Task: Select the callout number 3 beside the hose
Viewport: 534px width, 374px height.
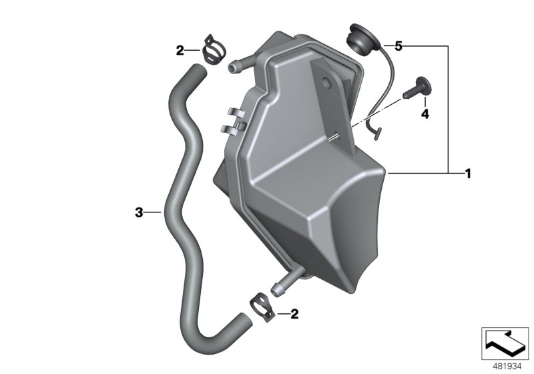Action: coord(138,212)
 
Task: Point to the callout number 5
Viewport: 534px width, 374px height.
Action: coord(398,46)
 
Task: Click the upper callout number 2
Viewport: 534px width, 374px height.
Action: coord(179,50)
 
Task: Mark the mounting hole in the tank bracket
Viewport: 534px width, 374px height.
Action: coord(327,83)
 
